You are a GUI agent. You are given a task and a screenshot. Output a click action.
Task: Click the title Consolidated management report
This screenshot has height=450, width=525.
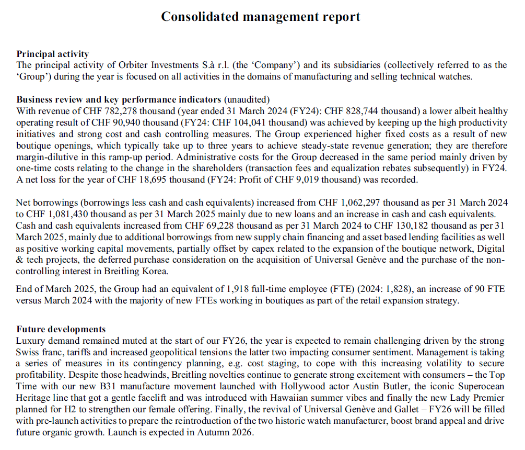coord(260,17)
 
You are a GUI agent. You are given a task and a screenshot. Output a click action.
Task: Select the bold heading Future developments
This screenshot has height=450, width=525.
coord(61,329)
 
